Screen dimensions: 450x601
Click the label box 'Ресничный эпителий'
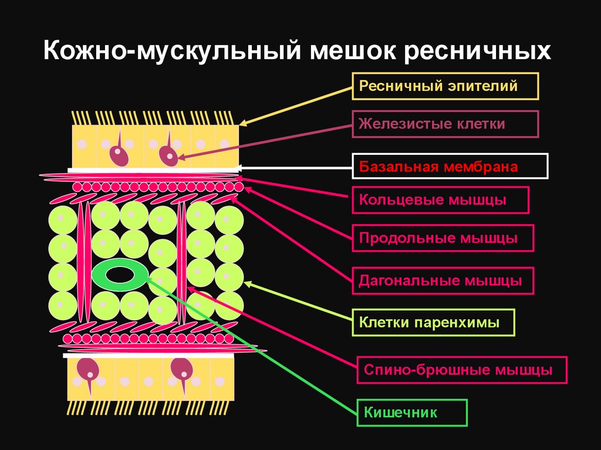click(x=445, y=87)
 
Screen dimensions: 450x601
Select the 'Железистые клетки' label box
click(x=445, y=124)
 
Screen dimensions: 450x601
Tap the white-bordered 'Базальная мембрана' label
click(x=450, y=166)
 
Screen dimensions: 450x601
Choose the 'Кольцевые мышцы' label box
click(x=440, y=200)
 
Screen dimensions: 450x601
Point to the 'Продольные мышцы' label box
click(x=443, y=239)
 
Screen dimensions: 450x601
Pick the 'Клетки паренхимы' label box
click(x=433, y=322)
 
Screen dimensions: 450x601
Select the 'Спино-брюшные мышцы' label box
click(x=461, y=370)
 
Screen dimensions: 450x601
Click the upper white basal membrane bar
click(x=153, y=170)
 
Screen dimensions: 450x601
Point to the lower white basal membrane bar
click(x=147, y=356)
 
